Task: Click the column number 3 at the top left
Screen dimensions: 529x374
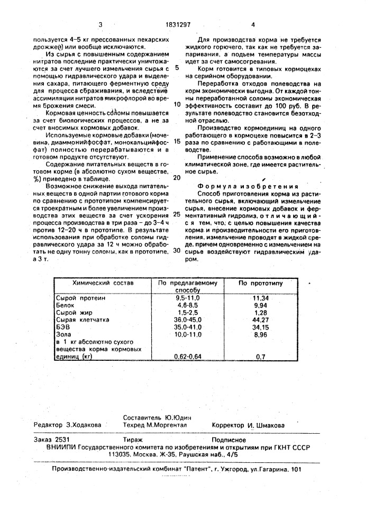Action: [x=99, y=24]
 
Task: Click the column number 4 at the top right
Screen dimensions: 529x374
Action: [x=253, y=24]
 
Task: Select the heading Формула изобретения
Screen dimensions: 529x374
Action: [x=248, y=186]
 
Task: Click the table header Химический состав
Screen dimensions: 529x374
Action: [x=103, y=283]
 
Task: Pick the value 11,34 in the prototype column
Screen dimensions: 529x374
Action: [x=261, y=298]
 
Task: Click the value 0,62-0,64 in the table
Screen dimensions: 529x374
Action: [x=188, y=357]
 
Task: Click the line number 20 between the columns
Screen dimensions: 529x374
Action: [x=176, y=178]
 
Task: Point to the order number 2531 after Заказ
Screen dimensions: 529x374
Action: [x=62, y=439]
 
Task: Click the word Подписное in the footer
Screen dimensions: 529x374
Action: [x=229, y=439]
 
